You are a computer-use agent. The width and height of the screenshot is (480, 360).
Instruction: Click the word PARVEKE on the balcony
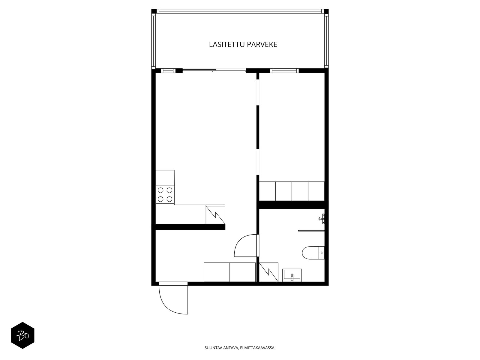tap(262, 44)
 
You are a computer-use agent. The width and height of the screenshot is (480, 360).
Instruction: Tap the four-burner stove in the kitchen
tap(165, 194)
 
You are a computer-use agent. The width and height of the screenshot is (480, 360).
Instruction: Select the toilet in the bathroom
tap(313, 253)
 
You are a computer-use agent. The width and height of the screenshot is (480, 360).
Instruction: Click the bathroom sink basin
tap(292, 275)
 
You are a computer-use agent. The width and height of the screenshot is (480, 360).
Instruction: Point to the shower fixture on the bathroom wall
tap(322, 219)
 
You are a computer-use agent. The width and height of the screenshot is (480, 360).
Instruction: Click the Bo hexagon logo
tap(22, 335)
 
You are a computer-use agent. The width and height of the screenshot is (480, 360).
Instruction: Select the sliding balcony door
tap(214, 70)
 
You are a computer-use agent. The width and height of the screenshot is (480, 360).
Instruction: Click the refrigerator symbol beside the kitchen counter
tap(215, 214)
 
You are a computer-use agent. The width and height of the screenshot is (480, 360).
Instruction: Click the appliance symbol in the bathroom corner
tap(268, 272)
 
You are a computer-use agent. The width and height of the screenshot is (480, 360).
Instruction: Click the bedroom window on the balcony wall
tap(284, 70)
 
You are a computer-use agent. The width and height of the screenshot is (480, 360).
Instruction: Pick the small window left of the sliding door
tap(168, 70)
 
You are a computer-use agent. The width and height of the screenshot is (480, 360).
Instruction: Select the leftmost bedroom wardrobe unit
tap(267, 191)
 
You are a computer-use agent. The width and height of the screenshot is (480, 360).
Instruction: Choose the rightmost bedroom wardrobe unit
tap(316, 191)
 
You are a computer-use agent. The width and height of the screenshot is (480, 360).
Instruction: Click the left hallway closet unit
tap(217, 272)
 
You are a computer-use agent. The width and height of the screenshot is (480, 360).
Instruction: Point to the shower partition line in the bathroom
tap(311, 231)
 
